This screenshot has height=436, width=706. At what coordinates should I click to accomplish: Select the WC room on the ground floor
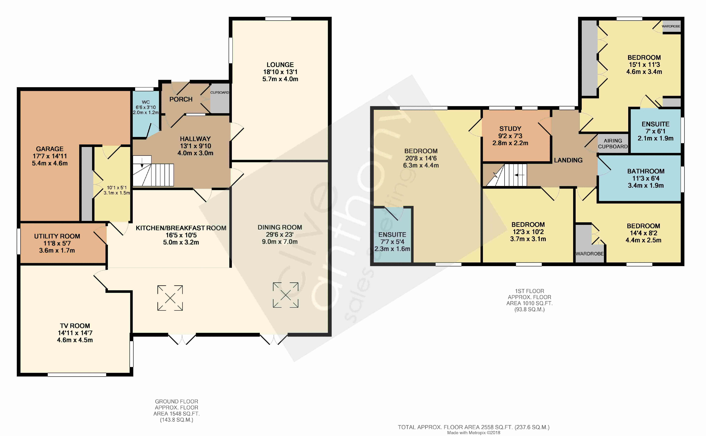146,114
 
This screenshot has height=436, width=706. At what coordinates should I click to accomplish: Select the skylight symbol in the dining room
286,295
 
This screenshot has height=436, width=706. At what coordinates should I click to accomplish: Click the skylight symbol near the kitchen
170,298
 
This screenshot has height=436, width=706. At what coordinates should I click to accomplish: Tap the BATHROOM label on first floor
646,171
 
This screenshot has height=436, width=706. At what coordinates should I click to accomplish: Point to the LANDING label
568,160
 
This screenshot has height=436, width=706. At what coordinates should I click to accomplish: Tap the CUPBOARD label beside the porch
219,93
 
